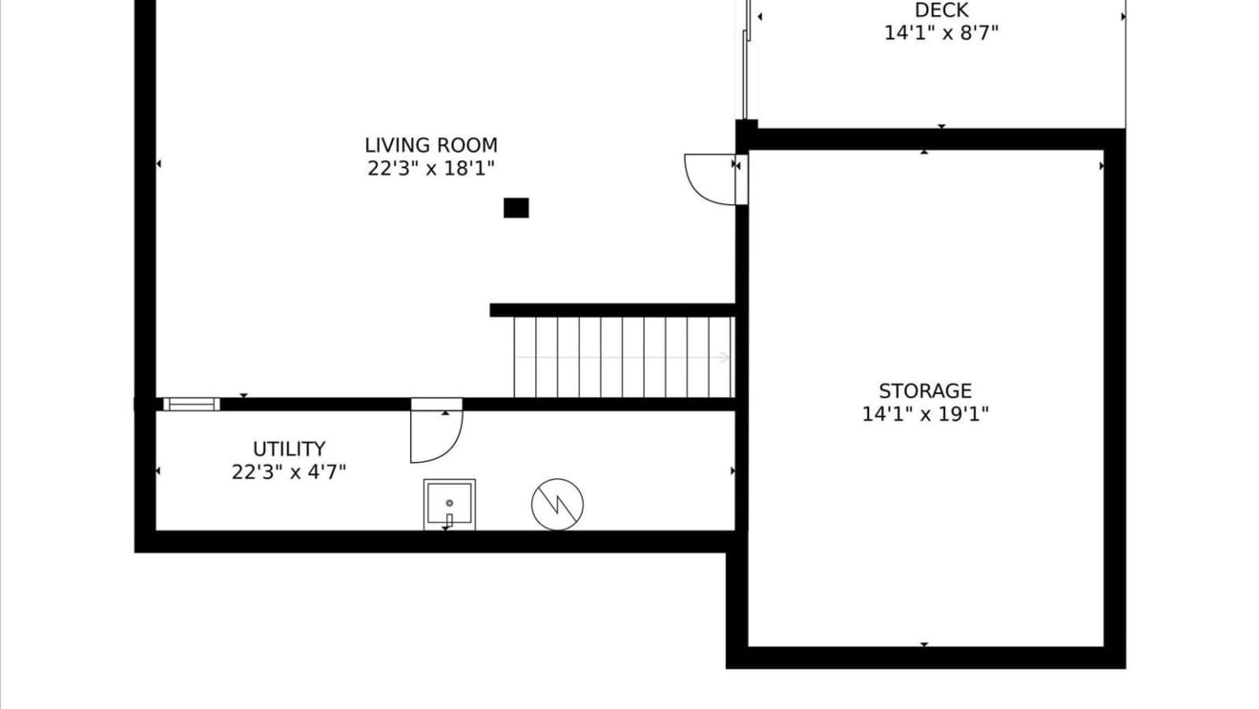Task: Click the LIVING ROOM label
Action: pos(431,146)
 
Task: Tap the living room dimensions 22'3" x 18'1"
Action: pos(431,168)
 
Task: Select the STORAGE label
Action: pos(925,391)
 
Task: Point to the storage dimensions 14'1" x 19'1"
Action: pos(925,414)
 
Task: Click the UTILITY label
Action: pos(289,449)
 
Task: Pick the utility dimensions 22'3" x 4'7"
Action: pos(289,471)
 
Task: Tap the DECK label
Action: pos(941,10)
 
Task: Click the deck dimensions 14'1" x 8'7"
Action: pos(941,33)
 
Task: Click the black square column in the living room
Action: pos(516,207)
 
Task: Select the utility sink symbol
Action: pos(449,505)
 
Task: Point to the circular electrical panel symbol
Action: pos(557,505)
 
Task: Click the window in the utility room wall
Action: pos(192,405)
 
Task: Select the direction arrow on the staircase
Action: pos(622,357)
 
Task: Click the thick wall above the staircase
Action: pos(612,310)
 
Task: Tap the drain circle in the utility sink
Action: pos(449,503)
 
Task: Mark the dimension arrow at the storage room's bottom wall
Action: pos(924,644)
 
